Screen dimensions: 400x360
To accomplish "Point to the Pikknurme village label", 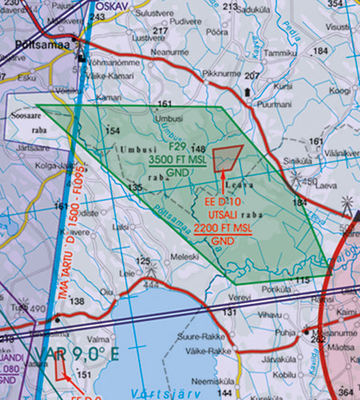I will click(x=222, y=71).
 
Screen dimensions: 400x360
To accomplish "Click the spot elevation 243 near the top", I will click(x=98, y=17).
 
